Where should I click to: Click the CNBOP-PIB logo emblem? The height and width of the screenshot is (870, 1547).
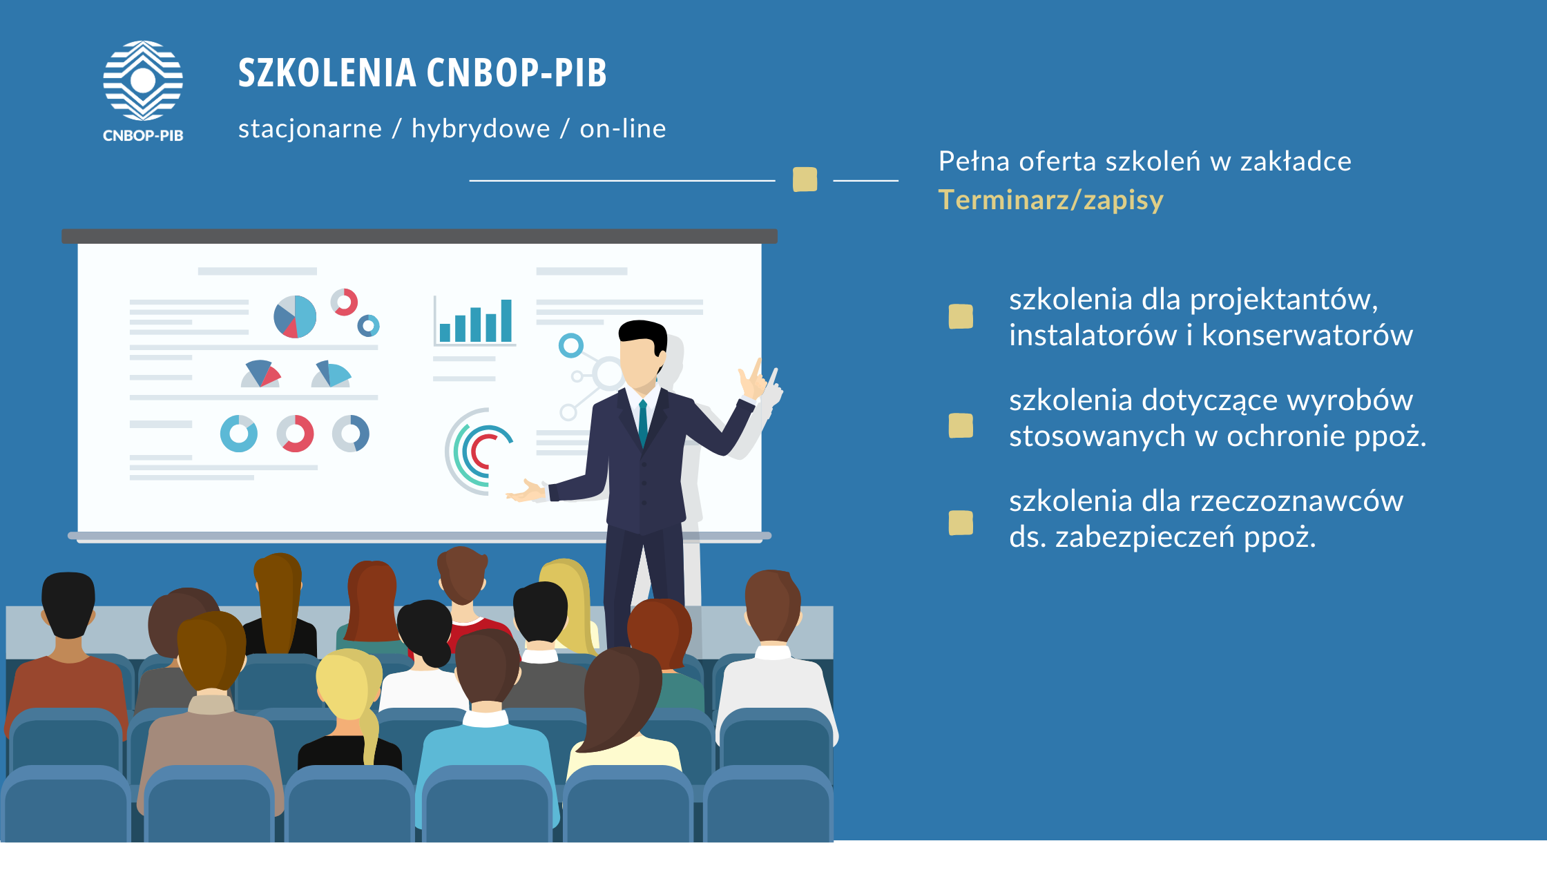point(143,80)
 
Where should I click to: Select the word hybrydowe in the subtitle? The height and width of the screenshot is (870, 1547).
point(481,128)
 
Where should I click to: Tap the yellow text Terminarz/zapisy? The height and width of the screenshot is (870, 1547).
point(1050,200)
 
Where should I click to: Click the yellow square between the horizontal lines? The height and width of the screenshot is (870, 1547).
point(805,180)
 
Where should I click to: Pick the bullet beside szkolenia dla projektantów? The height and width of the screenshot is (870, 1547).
point(961,316)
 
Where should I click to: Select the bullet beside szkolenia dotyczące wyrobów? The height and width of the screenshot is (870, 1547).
point(961,425)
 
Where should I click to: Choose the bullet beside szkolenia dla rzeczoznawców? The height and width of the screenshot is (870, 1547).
point(961,523)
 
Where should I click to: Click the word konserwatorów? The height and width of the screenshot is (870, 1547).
point(1307,336)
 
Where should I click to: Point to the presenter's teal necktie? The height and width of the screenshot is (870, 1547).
point(643,422)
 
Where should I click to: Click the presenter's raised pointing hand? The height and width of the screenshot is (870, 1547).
point(753,380)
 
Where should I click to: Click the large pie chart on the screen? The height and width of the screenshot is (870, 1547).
point(295,317)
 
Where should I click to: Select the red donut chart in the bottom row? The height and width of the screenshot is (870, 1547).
point(296,434)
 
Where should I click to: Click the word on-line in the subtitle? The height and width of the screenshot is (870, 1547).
point(623,128)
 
